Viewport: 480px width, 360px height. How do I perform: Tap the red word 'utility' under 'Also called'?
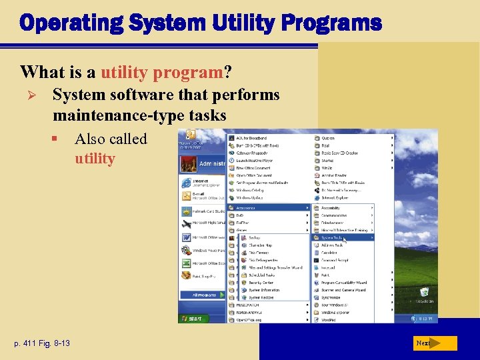pyautogui.click(x=95, y=159)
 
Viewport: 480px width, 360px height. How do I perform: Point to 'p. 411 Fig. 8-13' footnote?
pyautogui.click(x=41, y=343)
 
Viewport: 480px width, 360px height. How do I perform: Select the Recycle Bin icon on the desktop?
pyautogui.click(x=424, y=294)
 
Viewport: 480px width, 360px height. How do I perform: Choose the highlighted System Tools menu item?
pyautogui.click(x=342, y=237)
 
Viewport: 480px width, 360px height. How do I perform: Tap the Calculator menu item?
pyautogui.click(x=331, y=253)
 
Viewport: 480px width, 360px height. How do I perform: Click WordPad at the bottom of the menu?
pyautogui.click(x=331, y=320)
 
